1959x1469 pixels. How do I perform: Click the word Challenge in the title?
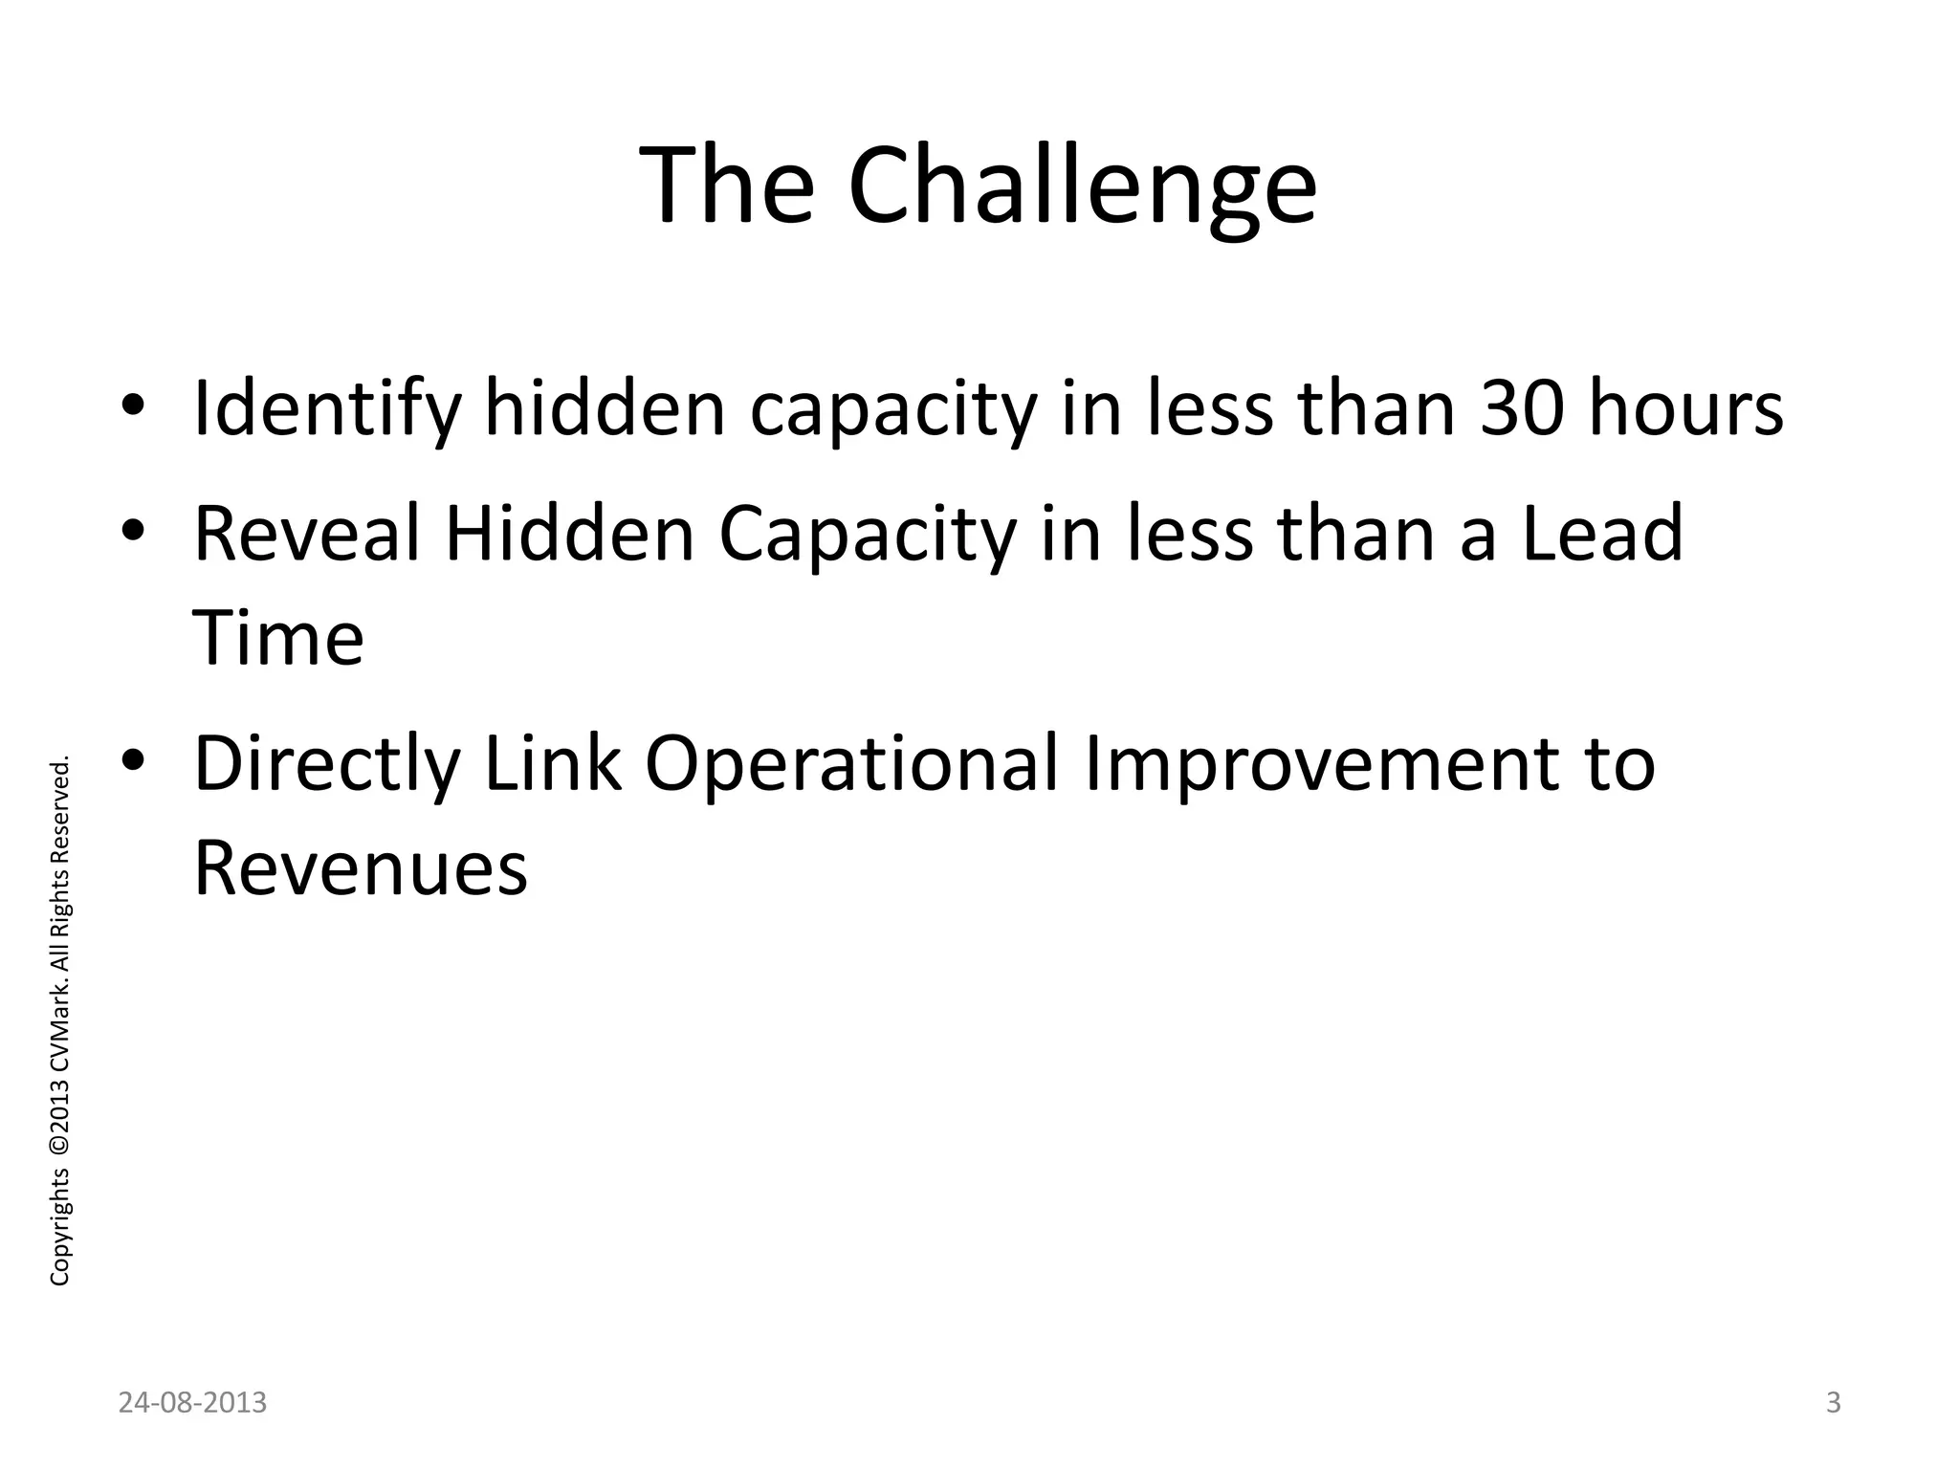tap(1082, 186)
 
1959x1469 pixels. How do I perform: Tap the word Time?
tap(278, 638)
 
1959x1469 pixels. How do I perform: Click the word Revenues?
tap(361, 867)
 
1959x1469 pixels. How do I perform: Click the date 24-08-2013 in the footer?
tap(192, 1403)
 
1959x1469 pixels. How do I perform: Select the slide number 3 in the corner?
tap(1833, 1403)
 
